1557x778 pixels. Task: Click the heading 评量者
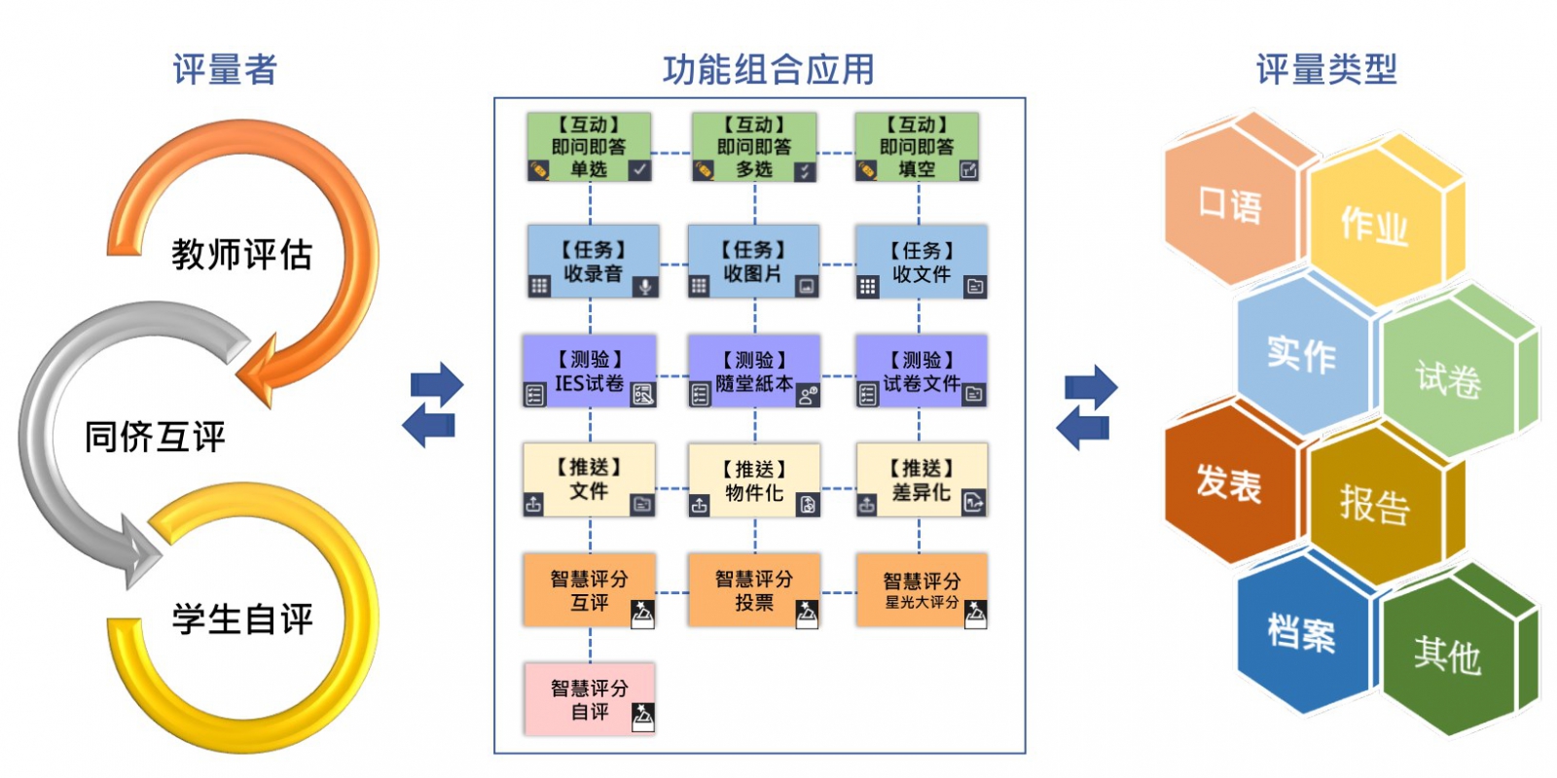coord(225,70)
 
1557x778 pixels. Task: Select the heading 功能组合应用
coord(768,70)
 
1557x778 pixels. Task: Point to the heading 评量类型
coord(1325,70)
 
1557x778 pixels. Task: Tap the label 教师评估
coord(241,255)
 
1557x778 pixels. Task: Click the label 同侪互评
coord(155,437)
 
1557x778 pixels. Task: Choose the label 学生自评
coord(242,619)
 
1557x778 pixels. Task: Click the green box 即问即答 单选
coord(589,147)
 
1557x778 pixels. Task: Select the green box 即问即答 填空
coord(917,147)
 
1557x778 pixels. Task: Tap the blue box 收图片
coord(753,262)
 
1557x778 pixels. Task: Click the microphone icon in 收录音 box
coord(643,287)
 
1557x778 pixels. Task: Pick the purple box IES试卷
coord(590,371)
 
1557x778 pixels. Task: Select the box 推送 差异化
coord(922,480)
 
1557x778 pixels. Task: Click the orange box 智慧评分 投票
coord(754,590)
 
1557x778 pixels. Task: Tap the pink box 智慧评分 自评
coord(590,699)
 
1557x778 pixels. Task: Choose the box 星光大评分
coord(922,590)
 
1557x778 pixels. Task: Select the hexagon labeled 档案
coord(1301,632)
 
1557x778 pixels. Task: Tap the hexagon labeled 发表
coord(1228,483)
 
